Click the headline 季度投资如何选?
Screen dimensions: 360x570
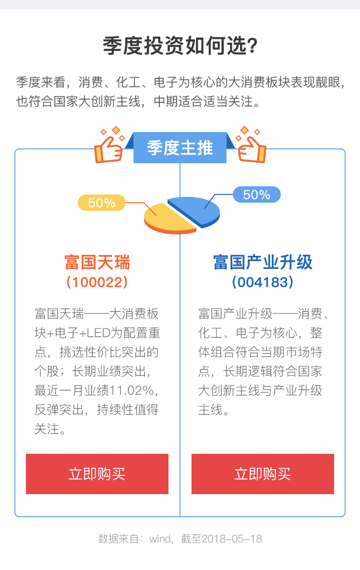(180, 46)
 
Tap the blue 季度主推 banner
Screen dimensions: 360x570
(180, 147)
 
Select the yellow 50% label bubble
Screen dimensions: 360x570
(102, 203)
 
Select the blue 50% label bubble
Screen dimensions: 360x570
(256, 194)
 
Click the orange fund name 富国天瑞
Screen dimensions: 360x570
(97, 262)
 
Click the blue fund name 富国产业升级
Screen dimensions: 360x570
(263, 262)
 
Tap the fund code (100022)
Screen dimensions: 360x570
(97, 282)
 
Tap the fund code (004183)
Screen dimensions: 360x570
(263, 282)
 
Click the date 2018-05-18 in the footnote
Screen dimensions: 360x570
(232, 539)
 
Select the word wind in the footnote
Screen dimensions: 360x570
(160, 539)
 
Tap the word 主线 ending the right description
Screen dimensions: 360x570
(210, 410)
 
